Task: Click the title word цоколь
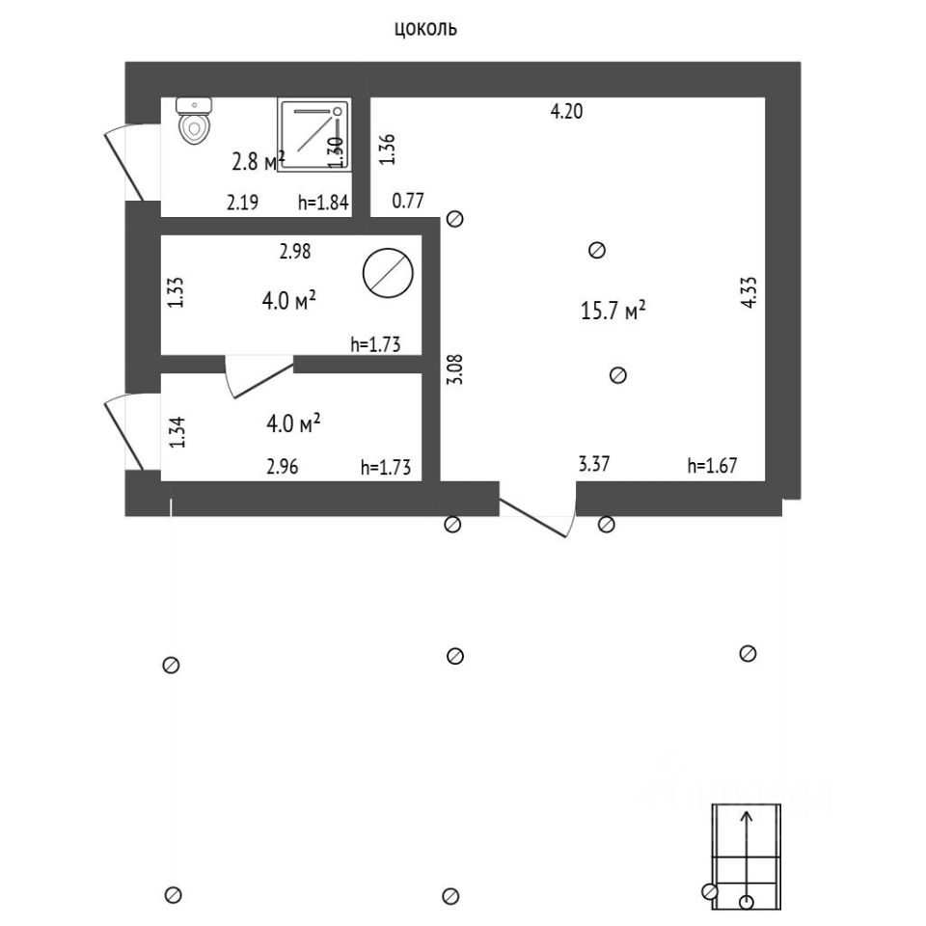[x=425, y=29]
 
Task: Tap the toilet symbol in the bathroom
[x=194, y=122]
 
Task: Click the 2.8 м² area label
[x=258, y=161]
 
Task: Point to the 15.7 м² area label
[x=613, y=311]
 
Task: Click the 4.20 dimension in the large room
[x=566, y=111]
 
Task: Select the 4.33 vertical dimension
[x=749, y=293]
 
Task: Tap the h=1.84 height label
[x=322, y=203]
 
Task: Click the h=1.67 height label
[x=712, y=466]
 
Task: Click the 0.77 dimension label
[x=408, y=202]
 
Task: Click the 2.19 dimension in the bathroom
[x=242, y=203]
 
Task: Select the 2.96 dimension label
[x=283, y=468]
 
